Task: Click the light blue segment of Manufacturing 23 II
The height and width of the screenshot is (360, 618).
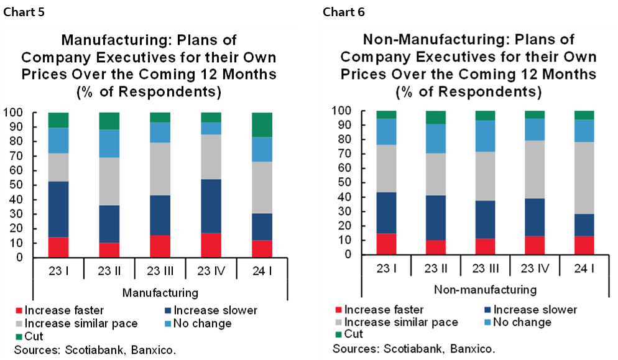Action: (109, 144)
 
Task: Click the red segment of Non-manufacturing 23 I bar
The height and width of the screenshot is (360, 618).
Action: (386, 244)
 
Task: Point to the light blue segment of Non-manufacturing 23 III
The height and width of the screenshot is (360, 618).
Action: (486, 136)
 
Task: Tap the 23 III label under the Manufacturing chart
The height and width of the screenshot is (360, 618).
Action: (160, 272)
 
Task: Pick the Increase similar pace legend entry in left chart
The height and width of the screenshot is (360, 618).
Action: (75, 323)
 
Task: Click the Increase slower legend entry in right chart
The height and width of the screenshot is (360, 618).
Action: (530, 310)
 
